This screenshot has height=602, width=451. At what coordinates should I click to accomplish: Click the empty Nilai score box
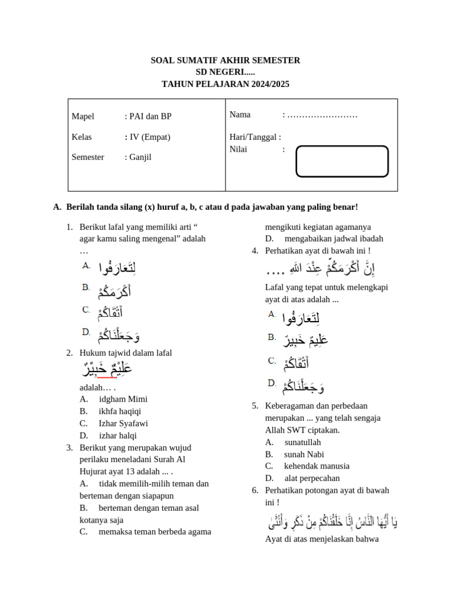pyautogui.click(x=342, y=161)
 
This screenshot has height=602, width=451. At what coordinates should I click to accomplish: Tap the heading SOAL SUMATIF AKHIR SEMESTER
pyautogui.click(x=225, y=61)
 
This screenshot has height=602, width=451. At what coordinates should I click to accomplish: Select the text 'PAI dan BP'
pyautogui.click(x=150, y=116)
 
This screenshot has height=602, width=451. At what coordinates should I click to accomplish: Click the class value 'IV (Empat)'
pyautogui.click(x=150, y=137)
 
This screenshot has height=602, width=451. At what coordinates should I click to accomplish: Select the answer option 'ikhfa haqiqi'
pyautogui.click(x=120, y=411)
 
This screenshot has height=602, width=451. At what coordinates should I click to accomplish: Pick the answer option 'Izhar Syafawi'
pyautogui.click(x=123, y=423)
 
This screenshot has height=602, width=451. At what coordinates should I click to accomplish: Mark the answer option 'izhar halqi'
pyautogui.click(x=117, y=436)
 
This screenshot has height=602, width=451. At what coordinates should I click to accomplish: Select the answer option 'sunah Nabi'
pyautogui.click(x=304, y=454)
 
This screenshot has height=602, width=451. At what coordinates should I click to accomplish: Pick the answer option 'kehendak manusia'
pyautogui.click(x=317, y=466)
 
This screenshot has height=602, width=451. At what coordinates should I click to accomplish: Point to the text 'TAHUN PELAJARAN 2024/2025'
pyautogui.click(x=225, y=85)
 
